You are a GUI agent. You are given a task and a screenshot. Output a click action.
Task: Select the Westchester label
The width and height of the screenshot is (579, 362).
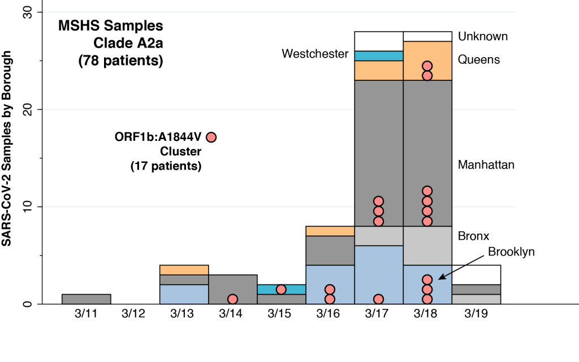[x=314, y=54]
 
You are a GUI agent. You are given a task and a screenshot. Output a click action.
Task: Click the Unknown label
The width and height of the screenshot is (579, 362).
[x=483, y=37]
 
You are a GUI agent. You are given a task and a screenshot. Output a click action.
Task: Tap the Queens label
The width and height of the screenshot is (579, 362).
[x=479, y=59]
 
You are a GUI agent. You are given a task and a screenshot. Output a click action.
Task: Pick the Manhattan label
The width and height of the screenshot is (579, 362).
[x=486, y=165]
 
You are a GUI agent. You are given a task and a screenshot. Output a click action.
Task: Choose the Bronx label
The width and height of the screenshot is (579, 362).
[x=474, y=235]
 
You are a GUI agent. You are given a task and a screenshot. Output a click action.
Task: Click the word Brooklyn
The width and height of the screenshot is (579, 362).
[x=511, y=252]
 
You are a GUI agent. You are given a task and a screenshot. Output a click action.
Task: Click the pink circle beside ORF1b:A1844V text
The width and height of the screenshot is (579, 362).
[x=211, y=137]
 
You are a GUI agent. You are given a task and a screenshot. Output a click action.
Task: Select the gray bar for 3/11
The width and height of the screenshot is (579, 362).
[x=86, y=299]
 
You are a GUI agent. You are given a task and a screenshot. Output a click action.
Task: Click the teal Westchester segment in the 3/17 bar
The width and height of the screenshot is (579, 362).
[x=378, y=55]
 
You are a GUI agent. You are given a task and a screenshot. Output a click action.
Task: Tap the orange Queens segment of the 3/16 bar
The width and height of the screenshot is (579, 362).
[x=330, y=231]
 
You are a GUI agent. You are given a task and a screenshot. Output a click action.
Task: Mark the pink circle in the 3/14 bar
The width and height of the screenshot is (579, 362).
[x=232, y=299]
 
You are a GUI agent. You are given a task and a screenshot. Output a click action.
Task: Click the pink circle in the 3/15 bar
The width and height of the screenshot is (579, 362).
[x=281, y=289]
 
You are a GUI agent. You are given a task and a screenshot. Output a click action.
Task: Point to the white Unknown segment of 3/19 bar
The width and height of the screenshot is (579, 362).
[x=476, y=274]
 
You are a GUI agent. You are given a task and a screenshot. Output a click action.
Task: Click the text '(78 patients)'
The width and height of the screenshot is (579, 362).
[x=120, y=60]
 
